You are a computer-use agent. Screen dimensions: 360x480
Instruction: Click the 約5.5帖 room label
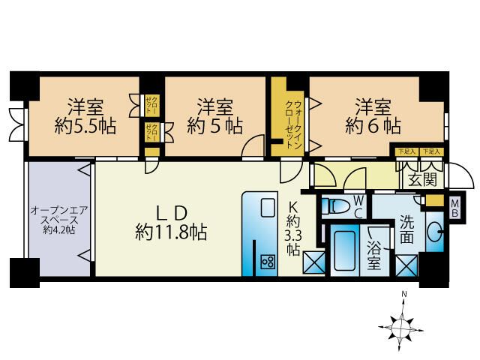84,126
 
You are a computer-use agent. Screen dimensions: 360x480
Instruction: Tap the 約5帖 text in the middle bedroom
214,126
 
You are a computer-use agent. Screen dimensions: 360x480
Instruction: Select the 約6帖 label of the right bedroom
373,125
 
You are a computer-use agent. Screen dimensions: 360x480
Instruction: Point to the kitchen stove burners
267,260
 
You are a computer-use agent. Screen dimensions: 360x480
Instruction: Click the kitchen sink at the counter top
268,208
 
